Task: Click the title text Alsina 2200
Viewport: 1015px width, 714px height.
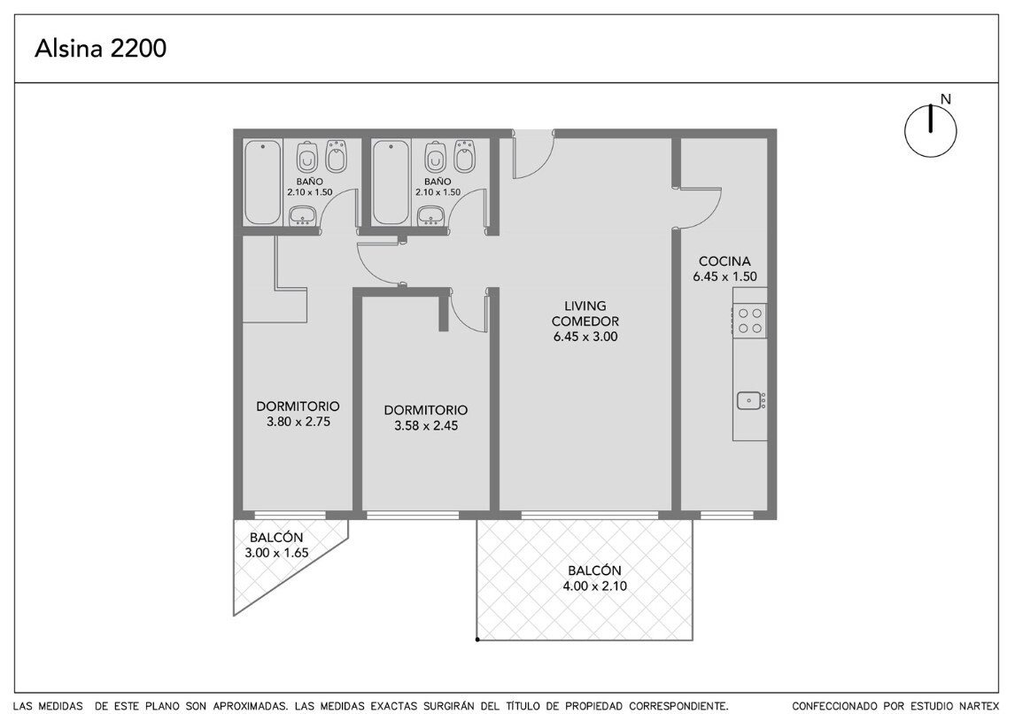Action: tap(100, 49)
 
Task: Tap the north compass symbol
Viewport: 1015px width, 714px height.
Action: tap(930, 129)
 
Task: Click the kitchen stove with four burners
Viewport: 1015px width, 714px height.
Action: tap(750, 321)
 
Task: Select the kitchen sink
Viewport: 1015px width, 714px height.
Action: tap(750, 400)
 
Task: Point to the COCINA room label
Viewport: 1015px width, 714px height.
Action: tap(724, 260)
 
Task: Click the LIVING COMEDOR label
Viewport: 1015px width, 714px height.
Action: tap(585, 314)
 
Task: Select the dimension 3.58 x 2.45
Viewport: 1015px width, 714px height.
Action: tap(426, 425)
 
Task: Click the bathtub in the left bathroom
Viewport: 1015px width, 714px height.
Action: tap(263, 182)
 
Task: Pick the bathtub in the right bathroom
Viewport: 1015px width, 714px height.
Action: tap(391, 182)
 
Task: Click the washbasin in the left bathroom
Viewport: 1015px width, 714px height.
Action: tap(302, 215)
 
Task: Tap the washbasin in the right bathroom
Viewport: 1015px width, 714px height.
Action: tap(430, 215)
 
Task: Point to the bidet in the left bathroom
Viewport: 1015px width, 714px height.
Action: tap(336, 156)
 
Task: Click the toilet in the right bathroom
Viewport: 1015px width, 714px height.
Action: tap(434, 156)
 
